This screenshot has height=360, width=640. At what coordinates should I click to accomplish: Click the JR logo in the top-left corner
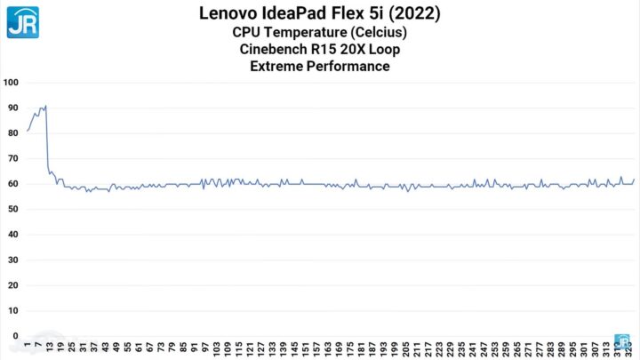click(21, 21)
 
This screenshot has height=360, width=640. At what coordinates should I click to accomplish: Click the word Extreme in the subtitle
click(277, 66)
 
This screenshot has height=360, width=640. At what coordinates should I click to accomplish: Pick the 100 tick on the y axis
click(12, 83)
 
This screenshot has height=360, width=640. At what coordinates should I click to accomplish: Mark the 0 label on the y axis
click(16, 336)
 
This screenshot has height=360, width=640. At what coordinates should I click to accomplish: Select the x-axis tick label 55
click(128, 346)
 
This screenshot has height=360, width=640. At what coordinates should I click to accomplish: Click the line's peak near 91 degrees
click(45, 106)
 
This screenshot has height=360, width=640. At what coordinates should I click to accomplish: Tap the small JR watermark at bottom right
click(624, 340)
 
